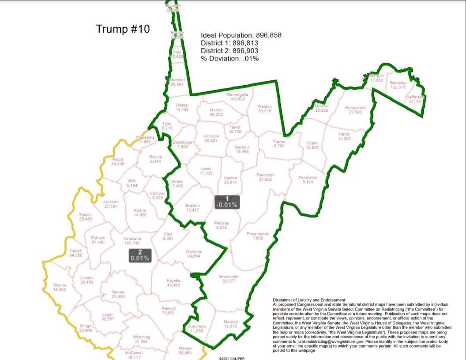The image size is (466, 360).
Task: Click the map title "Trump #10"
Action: (x=123, y=30)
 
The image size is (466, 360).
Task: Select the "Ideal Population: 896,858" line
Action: (x=241, y=35)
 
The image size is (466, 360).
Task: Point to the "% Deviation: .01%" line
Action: (x=229, y=58)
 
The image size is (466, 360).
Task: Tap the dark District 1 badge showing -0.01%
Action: (x=227, y=202)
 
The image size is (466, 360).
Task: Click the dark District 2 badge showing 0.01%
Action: (x=140, y=255)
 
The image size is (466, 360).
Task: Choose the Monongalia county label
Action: (x=237, y=97)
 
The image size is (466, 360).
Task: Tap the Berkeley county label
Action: (x=398, y=85)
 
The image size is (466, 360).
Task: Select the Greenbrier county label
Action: (x=229, y=279)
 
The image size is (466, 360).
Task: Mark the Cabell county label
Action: (x=76, y=253)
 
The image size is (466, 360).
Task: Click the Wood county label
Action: (x=117, y=162)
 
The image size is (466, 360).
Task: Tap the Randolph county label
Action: (x=266, y=177)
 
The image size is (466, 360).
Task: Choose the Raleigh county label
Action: (x=169, y=311)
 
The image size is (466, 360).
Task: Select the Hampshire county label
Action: (x=355, y=110)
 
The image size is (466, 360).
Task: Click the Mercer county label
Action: (x=185, y=350)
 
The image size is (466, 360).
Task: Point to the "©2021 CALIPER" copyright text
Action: (x=231, y=358)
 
